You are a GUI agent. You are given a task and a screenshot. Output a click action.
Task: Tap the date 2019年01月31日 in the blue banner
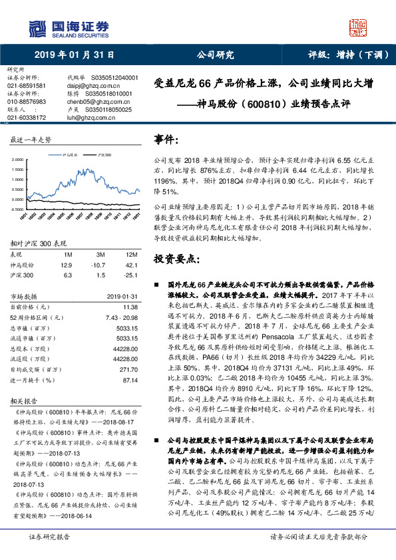[x=74, y=55]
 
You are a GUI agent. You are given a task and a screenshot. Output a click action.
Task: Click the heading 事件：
[x=166, y=140]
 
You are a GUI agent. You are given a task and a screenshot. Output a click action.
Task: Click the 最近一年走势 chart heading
[x=30, y=140]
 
